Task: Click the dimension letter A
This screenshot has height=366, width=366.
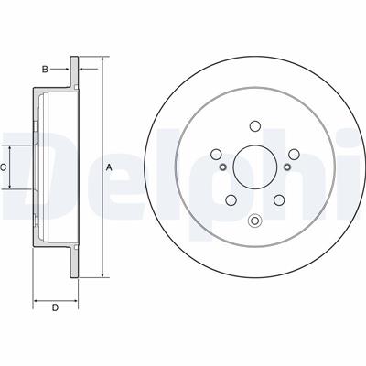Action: click(109, 167)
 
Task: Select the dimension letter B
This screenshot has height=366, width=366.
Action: click(45, 70)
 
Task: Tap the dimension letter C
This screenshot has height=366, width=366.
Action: click(3, 167)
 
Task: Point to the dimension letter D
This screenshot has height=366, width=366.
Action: click(55, 307)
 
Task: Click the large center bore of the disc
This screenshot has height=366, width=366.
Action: click(254, 167)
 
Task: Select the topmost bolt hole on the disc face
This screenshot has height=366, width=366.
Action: click(254, 125)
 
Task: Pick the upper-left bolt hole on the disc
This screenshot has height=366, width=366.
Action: click(216, 154)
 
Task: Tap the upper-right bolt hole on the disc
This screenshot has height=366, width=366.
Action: click(294, 154)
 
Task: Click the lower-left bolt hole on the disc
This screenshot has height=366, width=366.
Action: click(231, 199)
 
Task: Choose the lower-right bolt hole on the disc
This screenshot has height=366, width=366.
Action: click(279, 199)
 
